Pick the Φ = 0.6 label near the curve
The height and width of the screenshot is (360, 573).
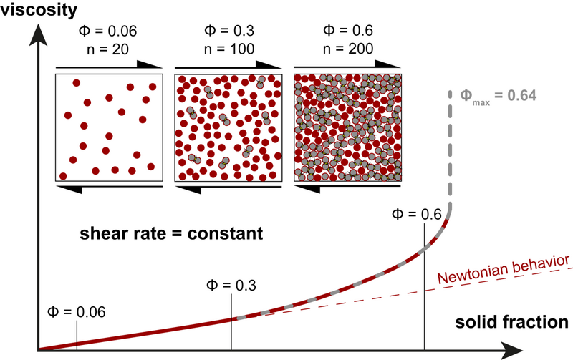(x=418, y=214)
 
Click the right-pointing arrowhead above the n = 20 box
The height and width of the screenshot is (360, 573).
(x=154, y=65)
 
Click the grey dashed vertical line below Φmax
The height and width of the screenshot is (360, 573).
(x=451, y=150)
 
